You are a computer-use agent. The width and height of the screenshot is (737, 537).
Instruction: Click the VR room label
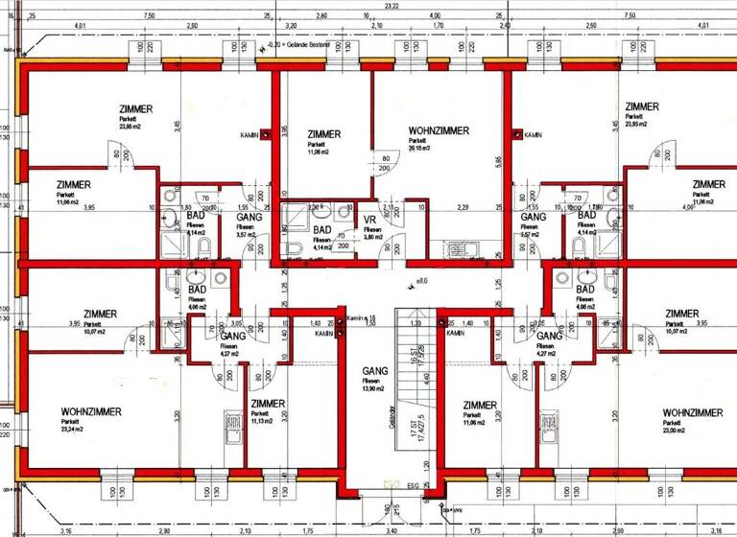[x=369, y=220]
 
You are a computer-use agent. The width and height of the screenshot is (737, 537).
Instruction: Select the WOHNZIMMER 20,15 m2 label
[x=438, y=130]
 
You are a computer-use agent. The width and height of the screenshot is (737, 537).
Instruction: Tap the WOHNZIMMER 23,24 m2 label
[x=91, y=411]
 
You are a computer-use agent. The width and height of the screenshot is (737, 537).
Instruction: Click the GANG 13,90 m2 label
[x=374, y=371]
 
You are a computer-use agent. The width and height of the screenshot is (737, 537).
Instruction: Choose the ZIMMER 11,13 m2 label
[x=267, y=404]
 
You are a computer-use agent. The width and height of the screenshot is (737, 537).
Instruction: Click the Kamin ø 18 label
[x=358, y=318]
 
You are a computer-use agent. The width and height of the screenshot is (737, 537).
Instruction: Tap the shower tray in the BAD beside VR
[x=296, y=217]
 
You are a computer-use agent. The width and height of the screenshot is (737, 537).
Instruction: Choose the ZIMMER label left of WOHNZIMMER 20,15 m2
[x=323, y=134]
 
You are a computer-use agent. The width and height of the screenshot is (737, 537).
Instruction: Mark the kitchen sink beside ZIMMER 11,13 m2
[x=230, y=424]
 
